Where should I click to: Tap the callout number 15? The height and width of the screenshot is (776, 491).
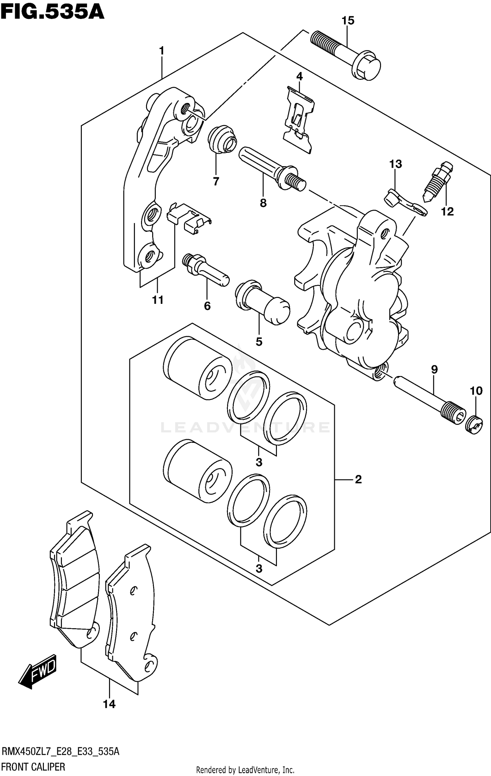(348, 21)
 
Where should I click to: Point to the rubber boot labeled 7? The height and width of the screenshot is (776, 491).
(222, 139)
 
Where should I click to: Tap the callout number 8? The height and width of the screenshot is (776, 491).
(263, 203)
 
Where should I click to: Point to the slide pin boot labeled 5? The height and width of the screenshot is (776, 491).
(262, 301)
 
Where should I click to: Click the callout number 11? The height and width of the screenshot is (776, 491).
(158, 300)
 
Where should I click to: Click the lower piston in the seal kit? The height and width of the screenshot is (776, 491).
(197, 471)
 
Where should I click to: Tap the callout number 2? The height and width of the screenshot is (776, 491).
(358, 479)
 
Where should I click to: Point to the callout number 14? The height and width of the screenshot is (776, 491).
(109, 704)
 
